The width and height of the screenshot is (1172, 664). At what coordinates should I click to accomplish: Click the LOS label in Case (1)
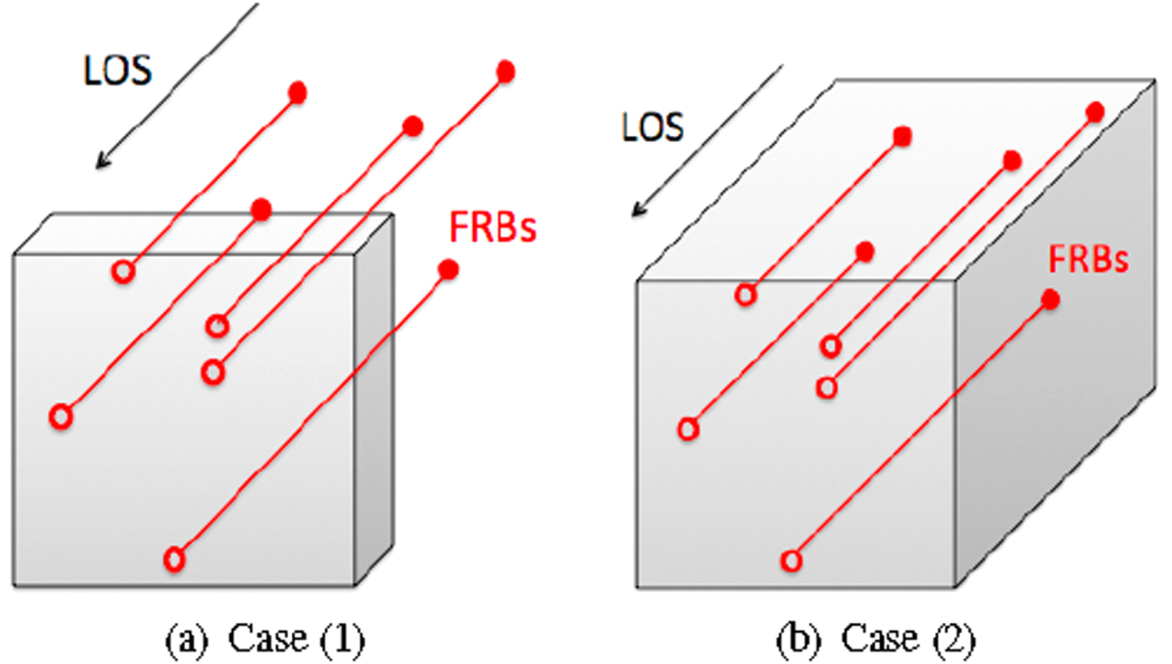[x=117, y=71]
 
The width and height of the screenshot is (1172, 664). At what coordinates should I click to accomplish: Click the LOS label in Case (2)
[x=652, y=127]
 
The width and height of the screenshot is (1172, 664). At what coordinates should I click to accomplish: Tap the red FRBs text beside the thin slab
[x=493, y=227]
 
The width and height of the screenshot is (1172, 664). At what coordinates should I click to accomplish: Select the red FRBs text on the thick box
[x=1088, y=259]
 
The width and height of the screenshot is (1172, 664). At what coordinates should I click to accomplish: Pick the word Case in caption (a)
[x=266, y=639]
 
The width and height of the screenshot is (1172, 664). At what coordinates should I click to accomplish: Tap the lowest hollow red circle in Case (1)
[x=174, y=559]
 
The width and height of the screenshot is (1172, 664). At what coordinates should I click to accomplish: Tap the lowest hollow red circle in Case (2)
[x=791, y=560]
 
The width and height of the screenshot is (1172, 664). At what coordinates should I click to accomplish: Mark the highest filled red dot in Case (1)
[x=505, y=72]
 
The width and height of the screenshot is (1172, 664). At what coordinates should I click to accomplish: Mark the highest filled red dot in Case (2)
[x=1095, y=112]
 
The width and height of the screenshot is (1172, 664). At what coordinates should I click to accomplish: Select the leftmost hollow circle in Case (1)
[x=61, y=416]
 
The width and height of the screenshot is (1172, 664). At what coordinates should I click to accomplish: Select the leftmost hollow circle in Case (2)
[x=688, y=429]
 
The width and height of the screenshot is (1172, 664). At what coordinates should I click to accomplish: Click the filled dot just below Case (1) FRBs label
[x=448, y=270]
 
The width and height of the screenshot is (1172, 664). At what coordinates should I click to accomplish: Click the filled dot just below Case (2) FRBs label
[x=1050, y=300]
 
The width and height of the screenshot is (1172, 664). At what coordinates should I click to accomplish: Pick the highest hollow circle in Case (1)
[x=124, y=271]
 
